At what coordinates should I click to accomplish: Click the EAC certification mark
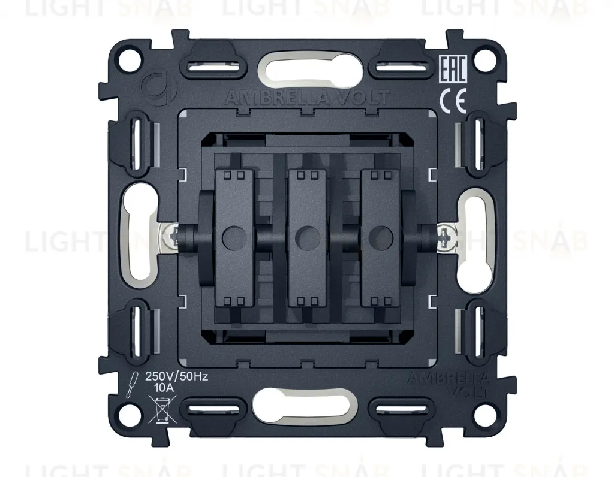453,70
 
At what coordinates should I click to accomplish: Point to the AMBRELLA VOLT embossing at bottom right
448,384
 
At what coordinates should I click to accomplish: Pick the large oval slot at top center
307,67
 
